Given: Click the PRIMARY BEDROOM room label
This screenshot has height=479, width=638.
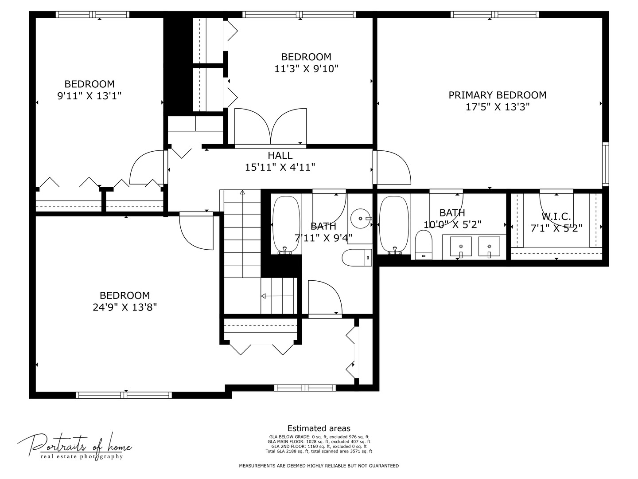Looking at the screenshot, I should pos(497,95).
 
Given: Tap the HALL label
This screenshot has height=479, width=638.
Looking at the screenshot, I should pos(280,156).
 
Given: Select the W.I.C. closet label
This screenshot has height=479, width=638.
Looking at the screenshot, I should pos(556,217).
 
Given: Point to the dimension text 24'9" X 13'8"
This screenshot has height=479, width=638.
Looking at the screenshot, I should pos(125,307).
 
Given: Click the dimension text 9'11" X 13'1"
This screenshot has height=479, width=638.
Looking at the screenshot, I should pos(89,95).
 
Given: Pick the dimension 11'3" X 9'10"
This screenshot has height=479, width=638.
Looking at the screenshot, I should pos(306,69).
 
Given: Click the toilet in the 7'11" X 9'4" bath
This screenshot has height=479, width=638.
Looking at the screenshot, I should pos(357,258).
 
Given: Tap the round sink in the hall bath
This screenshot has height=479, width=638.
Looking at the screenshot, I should pos(359,219).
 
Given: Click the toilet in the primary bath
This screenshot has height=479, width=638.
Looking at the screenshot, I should pos(424,245).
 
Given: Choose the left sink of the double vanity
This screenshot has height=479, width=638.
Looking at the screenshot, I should pos(461,247).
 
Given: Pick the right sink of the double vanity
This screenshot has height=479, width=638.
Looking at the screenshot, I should pos(489,247).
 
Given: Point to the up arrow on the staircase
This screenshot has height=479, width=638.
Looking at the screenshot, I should pos(242,192).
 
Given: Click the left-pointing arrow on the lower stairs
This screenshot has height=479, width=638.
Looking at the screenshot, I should pos(263,296).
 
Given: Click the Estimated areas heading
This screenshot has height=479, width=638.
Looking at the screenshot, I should pos(319,428).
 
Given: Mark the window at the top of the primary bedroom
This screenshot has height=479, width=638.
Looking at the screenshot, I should pos(495,15).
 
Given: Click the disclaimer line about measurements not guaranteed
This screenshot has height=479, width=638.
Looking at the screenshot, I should pos(319,466).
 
